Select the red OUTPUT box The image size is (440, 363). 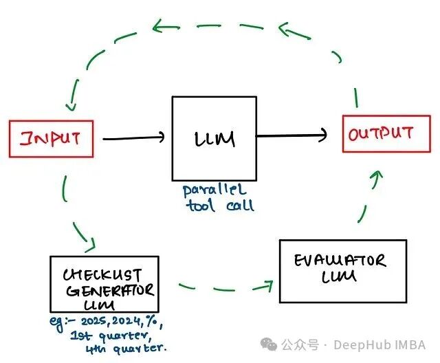click(x=380, y=134)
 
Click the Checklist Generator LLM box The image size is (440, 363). click(x=104, y=284)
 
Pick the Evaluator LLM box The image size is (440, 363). click(x=342, y=270)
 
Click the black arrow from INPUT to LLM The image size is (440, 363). click(x=134, y=138)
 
